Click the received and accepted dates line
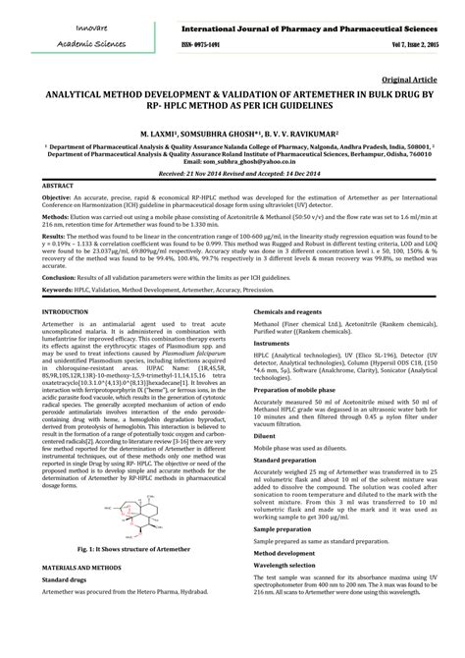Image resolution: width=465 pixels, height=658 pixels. click(232, 173)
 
